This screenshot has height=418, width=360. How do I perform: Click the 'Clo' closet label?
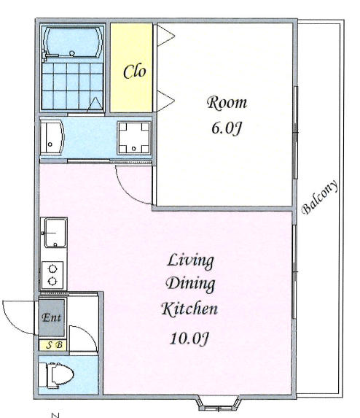(x=135, y=71)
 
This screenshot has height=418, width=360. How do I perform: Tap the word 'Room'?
(x=227, y=103)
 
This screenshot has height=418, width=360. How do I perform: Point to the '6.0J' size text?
(x=227, y=129)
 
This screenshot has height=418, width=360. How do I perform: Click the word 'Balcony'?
(x=320, y=197)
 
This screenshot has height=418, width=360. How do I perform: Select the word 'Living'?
(x=190, y=260)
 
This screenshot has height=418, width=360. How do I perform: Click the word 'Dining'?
(x=190, y=284)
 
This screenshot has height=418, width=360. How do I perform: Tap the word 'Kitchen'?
(x=189, y=309)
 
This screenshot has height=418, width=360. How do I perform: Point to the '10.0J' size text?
(x=189, y=338)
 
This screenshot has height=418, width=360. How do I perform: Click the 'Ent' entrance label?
(x=52, y=317)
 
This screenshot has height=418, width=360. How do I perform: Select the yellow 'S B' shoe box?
(x=52, y=346)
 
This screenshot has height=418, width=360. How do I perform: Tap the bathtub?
(x=72, y=42)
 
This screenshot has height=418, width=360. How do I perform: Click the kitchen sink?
(x=55, y=233)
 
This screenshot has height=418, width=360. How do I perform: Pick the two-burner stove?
(x=52, y=275)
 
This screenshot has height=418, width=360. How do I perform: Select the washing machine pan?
(x=134, y=138)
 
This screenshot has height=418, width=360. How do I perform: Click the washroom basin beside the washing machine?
(x=52, y=137)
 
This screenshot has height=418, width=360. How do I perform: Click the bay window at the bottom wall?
(x=218, y=403)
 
